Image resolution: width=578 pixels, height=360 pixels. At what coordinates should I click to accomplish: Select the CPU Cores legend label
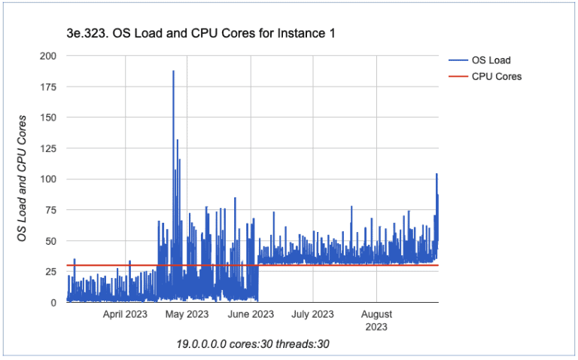pyautogui.click(x=497, y=76)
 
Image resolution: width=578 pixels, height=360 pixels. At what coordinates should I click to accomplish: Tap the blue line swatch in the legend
pyautogui.click(x=458, y=61)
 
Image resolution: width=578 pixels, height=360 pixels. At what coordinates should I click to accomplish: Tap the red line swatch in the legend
pyautogui.click(x=458, y=76)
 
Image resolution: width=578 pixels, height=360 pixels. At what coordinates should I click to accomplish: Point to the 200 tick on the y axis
pyautogui.click(x=47, y=56)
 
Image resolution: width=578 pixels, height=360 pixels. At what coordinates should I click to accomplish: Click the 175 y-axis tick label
pyautogui.click(x=47, y=87)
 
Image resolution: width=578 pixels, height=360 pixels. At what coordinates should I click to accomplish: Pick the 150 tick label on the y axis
pyautogui.click(x=47, y=117)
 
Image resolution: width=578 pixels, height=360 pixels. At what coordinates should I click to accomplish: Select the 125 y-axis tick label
pyautogui.click(x=47, y=148)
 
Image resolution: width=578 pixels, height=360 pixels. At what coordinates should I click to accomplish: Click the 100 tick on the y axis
pyautogui.click(x=47, y=179)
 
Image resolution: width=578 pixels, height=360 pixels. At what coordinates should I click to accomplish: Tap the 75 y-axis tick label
pyautogui.click(x=50, y=210)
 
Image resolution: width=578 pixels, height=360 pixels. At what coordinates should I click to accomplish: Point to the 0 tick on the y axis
pyautogui.click(x=53, y=303)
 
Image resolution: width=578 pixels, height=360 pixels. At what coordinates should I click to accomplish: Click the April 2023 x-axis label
pyautogui.click(x=125, y=315)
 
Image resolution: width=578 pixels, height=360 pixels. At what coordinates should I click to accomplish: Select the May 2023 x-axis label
pyautogui.click(x=187, y=315)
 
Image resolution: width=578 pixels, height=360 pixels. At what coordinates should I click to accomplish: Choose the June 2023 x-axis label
pyautogui.click(x=251, y=315)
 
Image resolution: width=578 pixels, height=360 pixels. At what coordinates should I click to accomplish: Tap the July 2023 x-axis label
pyautogui.click(x=312, y=315)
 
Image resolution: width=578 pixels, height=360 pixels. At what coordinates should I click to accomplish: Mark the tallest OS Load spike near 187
pyautogui.click(x=173, y=72)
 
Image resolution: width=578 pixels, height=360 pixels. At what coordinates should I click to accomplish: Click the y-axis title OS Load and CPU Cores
pyautogui.click(x=23, y=179)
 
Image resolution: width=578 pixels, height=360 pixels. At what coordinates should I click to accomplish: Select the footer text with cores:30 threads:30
pyautogui.click(x=253, y=343)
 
